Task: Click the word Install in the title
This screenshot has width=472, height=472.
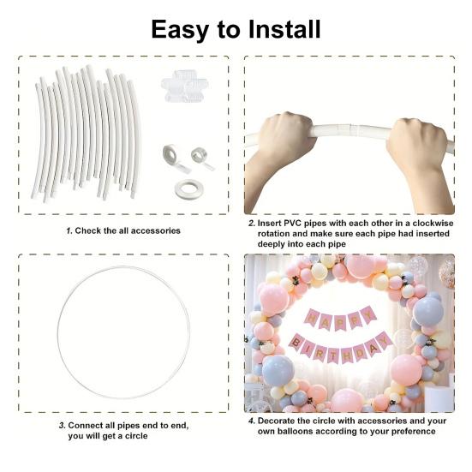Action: [284, 29]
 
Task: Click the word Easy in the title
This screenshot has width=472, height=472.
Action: [180, 30]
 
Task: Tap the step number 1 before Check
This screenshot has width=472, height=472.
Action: [69, 231]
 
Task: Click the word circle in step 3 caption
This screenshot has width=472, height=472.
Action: [136, 436]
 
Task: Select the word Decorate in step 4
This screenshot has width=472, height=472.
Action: [276, 421]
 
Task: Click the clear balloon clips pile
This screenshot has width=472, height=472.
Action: [184, 86]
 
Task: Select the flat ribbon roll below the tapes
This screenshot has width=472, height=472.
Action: [188, 189]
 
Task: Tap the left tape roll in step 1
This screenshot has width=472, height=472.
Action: [174, 157]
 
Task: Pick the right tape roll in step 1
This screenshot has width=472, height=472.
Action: [201, 157]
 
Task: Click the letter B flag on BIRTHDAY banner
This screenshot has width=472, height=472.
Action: [297, 343]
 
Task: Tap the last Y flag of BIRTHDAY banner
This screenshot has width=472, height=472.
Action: [383, 340]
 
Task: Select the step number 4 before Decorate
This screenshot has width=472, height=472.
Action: [252, 421]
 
